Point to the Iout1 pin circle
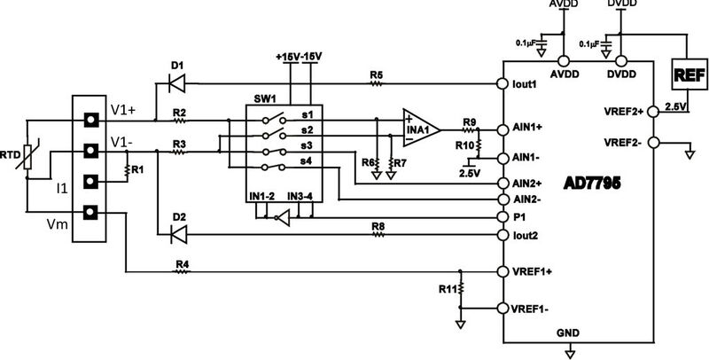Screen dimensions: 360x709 [503, 85]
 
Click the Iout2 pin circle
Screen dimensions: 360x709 [503, 234]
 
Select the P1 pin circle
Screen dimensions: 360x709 [503, 215]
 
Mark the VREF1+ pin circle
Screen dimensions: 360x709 [503, 270]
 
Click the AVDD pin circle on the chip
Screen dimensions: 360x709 [560, 61]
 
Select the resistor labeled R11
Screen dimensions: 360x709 [460, 290]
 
